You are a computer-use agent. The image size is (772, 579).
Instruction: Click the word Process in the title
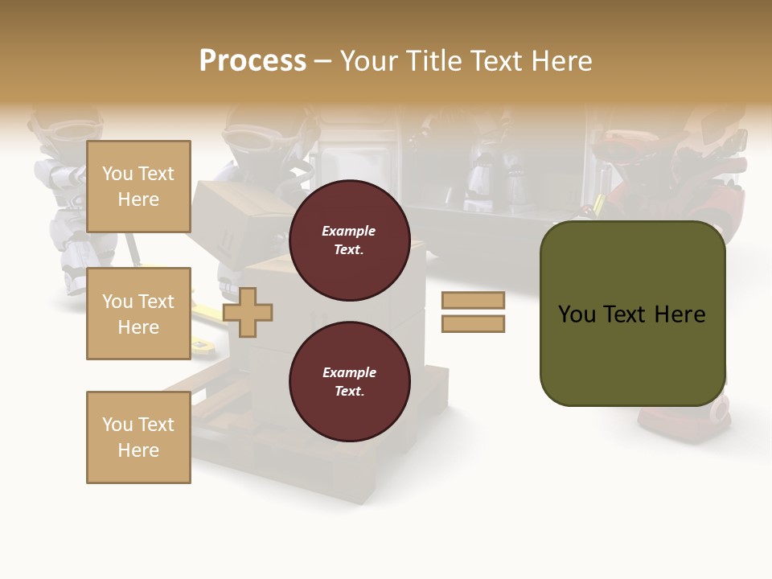click(253, 61)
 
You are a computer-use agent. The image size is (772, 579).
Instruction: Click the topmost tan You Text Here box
click(138, 187)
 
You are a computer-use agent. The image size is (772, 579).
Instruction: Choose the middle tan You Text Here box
click(138, 314)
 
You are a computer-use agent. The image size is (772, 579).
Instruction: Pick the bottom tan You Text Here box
click(138, 437)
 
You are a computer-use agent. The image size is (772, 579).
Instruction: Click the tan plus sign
click(248, 312)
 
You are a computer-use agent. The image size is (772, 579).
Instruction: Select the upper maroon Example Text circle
click(349, 240)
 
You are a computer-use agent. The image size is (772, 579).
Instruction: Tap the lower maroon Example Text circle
click(349, 382)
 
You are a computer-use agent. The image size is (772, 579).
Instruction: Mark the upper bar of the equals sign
click(473, 300)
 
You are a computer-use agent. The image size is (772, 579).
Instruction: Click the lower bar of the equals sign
click(473, 324)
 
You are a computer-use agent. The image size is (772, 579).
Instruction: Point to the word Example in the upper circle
click(349, 231)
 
